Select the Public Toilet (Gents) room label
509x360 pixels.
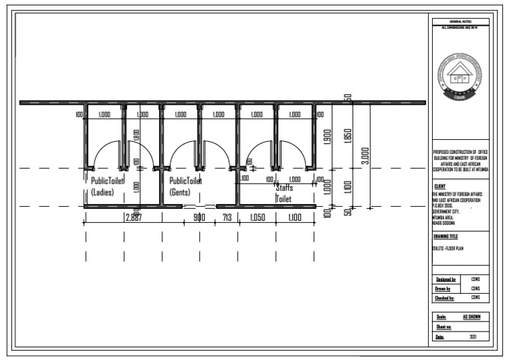pos(186,186)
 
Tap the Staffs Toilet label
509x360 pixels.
pos(284,193)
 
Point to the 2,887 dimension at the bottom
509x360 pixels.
pos(133,217)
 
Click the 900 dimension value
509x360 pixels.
pos(199,217)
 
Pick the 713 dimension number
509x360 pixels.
pos(227,217)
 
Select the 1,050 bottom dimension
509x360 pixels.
pos(256,217)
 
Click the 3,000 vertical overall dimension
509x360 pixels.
pos(365,156)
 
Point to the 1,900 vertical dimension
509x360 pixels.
pos(327,138)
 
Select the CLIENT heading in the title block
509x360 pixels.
pos(439,187)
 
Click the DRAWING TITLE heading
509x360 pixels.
pos(446,236)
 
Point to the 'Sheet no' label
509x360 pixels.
pos(443,328)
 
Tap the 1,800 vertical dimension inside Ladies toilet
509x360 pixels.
pos(136,137)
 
